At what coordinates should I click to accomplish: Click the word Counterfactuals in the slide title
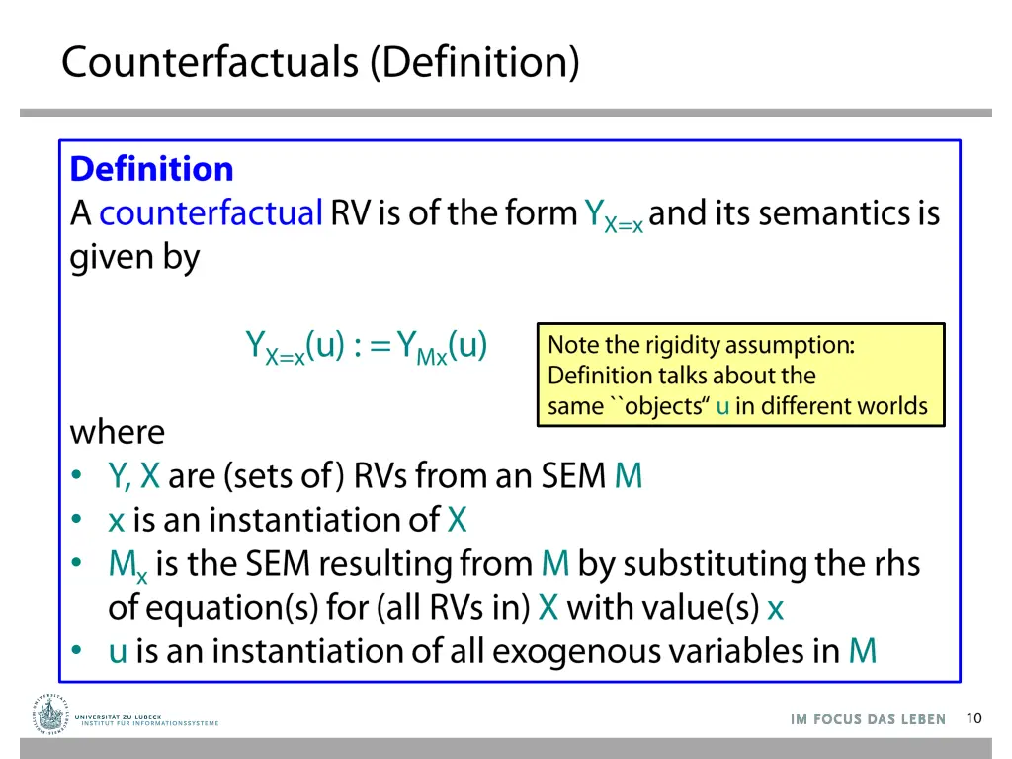pos(211,62)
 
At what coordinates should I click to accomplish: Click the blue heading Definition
pos(151,169)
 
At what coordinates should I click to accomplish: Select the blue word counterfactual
pos(211,213)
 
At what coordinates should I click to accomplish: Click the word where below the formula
pos(118,432)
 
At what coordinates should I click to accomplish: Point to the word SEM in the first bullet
pos(573,476)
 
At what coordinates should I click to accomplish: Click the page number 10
pos(974,718)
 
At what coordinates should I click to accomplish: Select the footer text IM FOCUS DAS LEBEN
pos(868,719)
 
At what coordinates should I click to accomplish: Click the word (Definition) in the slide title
pos(474,62)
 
